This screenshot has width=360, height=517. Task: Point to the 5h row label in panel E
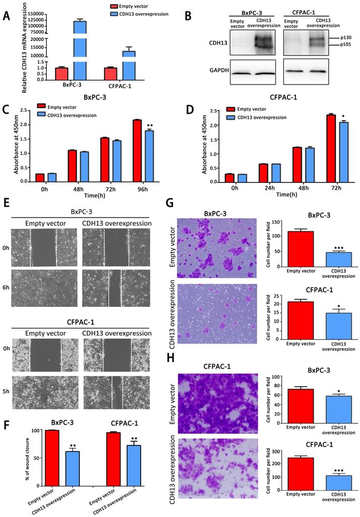click(x=6, y=390)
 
